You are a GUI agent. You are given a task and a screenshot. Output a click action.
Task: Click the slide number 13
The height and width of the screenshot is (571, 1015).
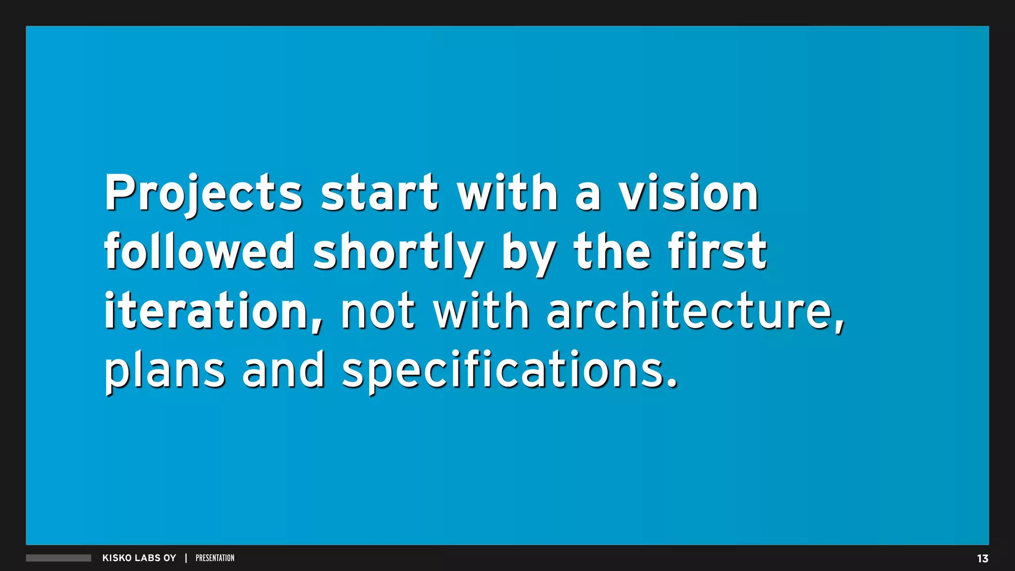(982, 559)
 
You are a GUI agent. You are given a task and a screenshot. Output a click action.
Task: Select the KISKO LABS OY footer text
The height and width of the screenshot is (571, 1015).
(139, 558)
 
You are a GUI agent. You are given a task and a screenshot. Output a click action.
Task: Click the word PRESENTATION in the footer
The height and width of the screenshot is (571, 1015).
(215, 558)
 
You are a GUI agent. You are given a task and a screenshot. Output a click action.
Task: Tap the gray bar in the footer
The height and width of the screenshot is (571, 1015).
(58, 558)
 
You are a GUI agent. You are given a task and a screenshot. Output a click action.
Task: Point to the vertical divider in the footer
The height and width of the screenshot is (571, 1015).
(186, 558)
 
